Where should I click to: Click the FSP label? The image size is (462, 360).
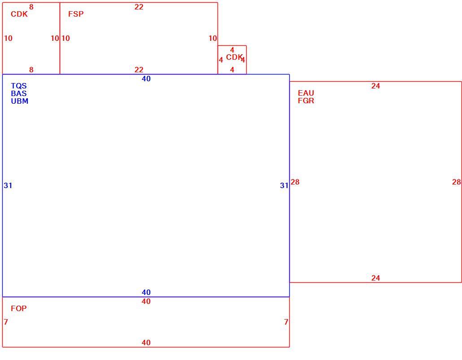(76, 14)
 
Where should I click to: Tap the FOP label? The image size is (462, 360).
(18, 308)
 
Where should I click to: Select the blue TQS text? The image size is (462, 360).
(19, 86)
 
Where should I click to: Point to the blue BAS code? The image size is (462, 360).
(19, 93)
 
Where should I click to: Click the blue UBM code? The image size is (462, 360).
(19, 101)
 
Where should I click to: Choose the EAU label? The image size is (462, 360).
(306, 93)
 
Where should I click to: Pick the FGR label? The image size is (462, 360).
(306, 101)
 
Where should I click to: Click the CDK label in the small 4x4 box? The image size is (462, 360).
(234, 57)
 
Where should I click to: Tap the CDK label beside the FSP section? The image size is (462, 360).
(19, 14)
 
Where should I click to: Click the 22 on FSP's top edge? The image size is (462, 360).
(139, 7)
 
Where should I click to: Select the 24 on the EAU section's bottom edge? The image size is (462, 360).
(375, 278)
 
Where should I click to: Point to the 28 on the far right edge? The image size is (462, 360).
(456, 182)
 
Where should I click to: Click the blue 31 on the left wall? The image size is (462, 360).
(8, 185)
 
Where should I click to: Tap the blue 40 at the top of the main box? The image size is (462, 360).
(146, 79)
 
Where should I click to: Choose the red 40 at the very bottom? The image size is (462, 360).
(146, 342)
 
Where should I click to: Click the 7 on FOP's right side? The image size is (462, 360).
(286, 322)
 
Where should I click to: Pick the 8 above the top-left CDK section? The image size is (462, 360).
(31, 7)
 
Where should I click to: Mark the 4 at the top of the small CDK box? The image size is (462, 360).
(232, 50)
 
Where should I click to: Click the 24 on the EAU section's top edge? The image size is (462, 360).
(375, 86)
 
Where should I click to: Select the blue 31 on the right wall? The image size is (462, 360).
(284, 185)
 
